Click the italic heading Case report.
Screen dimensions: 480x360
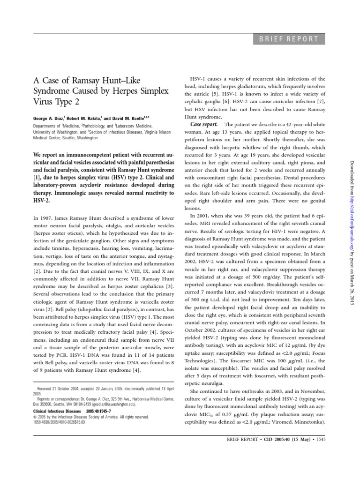click(x=204, y=124)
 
